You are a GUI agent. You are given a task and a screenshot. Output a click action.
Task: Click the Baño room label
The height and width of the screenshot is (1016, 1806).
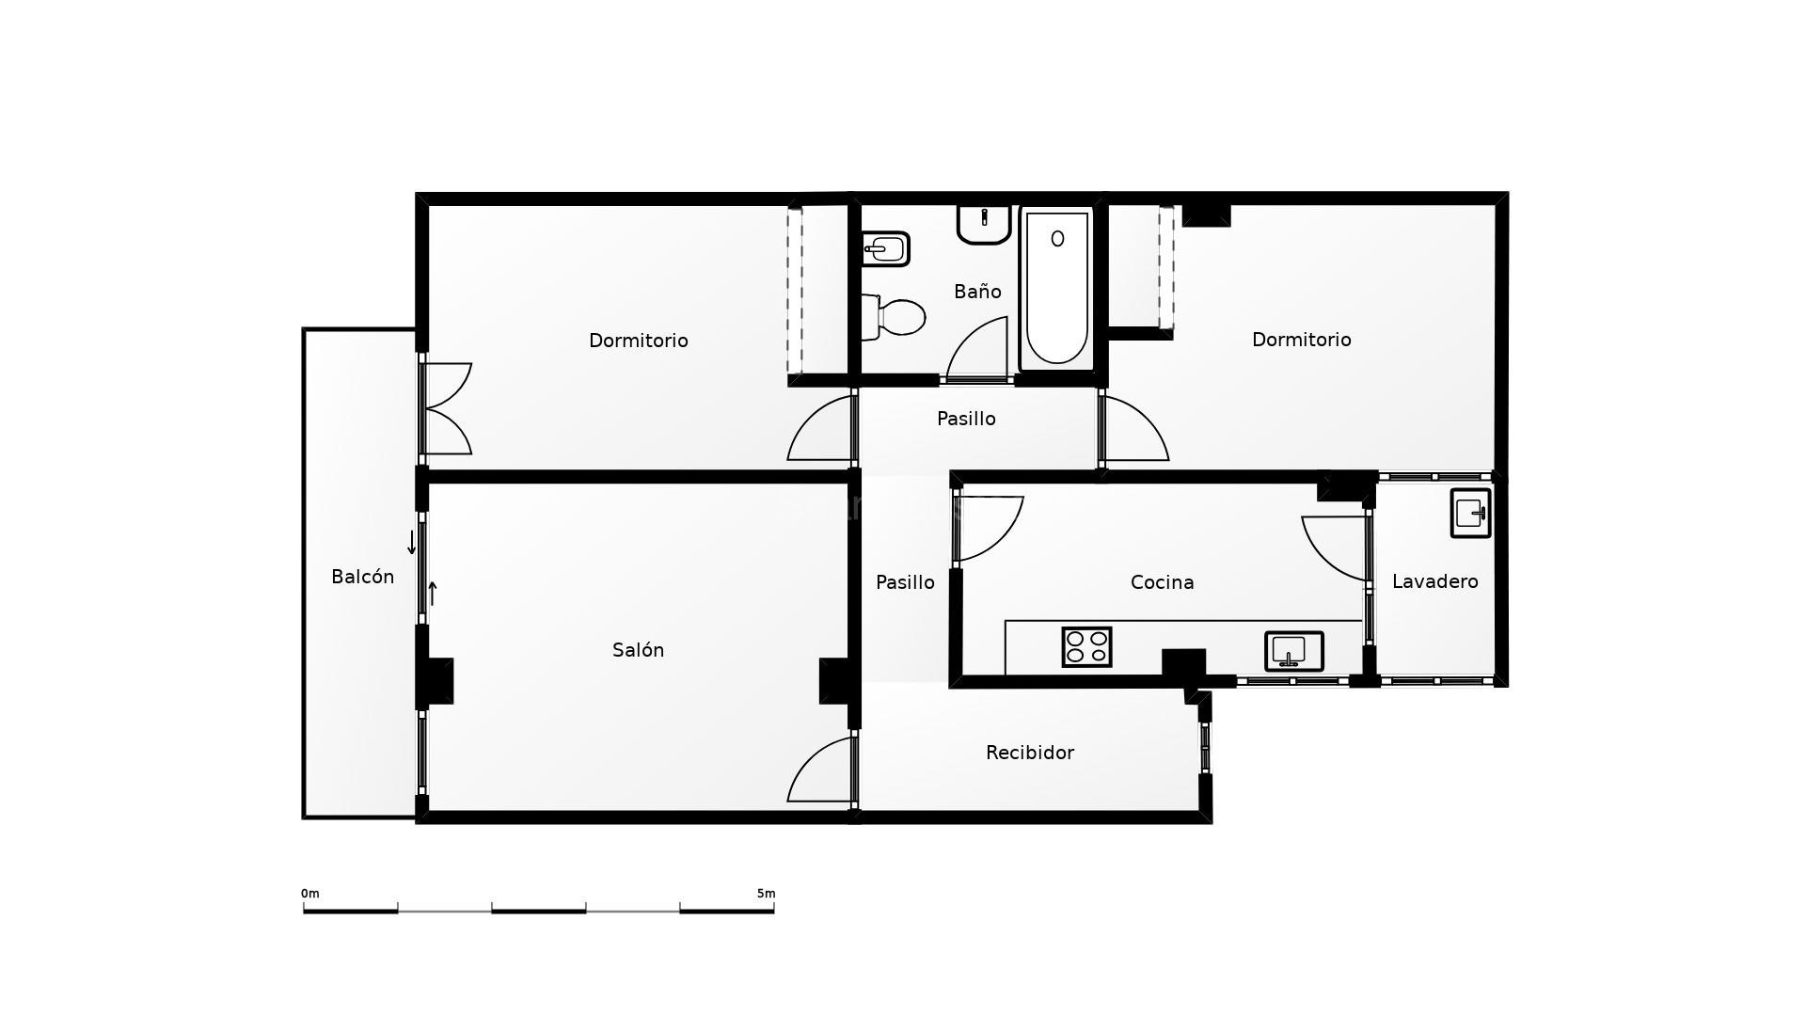[977, 292]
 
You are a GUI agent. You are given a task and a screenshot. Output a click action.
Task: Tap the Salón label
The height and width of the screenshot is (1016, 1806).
[638, 650]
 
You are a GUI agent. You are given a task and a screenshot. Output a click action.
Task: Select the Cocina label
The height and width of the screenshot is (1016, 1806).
[1162, 582]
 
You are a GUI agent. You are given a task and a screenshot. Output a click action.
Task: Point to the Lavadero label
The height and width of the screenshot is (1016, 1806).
[1434, 581]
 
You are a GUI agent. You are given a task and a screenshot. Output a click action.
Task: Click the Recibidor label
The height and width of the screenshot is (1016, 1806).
[1029, 753]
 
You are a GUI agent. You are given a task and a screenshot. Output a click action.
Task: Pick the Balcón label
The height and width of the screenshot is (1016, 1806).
[362, 577]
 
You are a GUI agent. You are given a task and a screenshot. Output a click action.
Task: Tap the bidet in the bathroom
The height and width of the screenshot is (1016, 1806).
[885, 249]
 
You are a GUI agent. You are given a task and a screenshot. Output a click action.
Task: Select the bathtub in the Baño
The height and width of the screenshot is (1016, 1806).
[1057, 288]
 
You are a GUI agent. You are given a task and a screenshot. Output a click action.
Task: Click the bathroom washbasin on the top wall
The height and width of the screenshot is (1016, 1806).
[984, 224]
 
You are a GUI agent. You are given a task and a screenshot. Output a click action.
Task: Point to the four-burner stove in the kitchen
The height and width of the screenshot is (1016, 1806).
[1086, 647]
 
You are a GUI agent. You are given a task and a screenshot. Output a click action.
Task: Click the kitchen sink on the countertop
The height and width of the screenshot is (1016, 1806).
[1293, 651]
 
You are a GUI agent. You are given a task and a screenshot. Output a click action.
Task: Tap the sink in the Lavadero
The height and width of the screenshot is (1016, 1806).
[1470, 513]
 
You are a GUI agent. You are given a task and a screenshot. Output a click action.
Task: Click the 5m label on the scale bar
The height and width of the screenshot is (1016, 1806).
[766, 894]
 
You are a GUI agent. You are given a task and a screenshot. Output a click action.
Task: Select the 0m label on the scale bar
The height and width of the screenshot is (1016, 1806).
[309, 894]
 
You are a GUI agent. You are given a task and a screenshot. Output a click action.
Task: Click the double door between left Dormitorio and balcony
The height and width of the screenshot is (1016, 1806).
[446, 409]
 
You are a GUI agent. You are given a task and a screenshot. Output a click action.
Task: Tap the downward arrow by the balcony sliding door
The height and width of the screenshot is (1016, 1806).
[411, 543]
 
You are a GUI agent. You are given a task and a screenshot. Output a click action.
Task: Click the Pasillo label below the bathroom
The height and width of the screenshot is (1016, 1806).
[966, 419]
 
